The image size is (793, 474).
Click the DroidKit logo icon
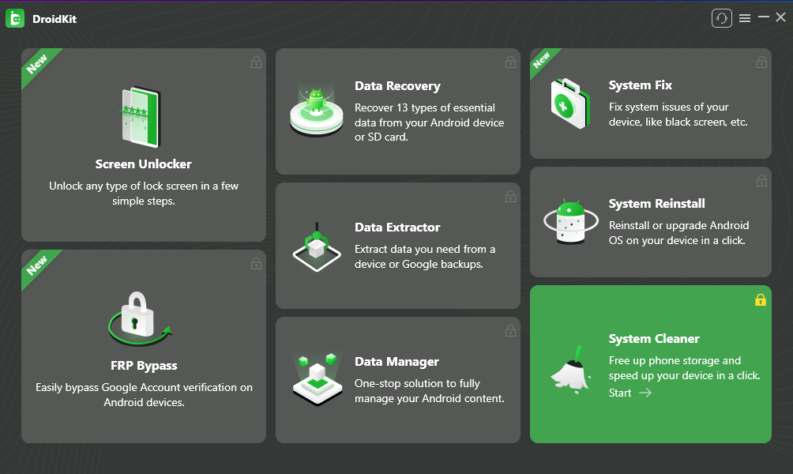[x=15, y=19]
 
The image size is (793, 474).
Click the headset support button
[x=722, y=18]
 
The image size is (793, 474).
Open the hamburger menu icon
[x=745, y=18]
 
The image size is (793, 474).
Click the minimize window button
[x=764, y=17]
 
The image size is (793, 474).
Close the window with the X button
[x=781, y=17]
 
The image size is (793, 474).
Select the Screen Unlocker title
[x=144, y=164]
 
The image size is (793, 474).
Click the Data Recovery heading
[x=397, y=86]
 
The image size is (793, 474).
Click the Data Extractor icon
[x=317, y=246]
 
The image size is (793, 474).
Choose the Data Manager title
[x=396, y=362]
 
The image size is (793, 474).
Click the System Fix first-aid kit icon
[x=570, y=103]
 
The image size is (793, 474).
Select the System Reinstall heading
[x=656, y=203]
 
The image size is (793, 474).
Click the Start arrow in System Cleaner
[x=645, y=393]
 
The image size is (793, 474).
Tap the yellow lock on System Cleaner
[x=761, y=300]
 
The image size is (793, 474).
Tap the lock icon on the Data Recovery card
[x=510, y=62]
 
